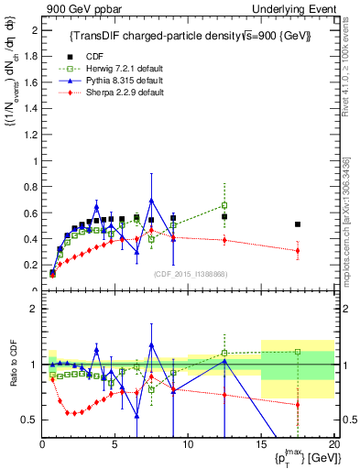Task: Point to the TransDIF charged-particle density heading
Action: (190, 36)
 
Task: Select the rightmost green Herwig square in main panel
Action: (224, 205)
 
